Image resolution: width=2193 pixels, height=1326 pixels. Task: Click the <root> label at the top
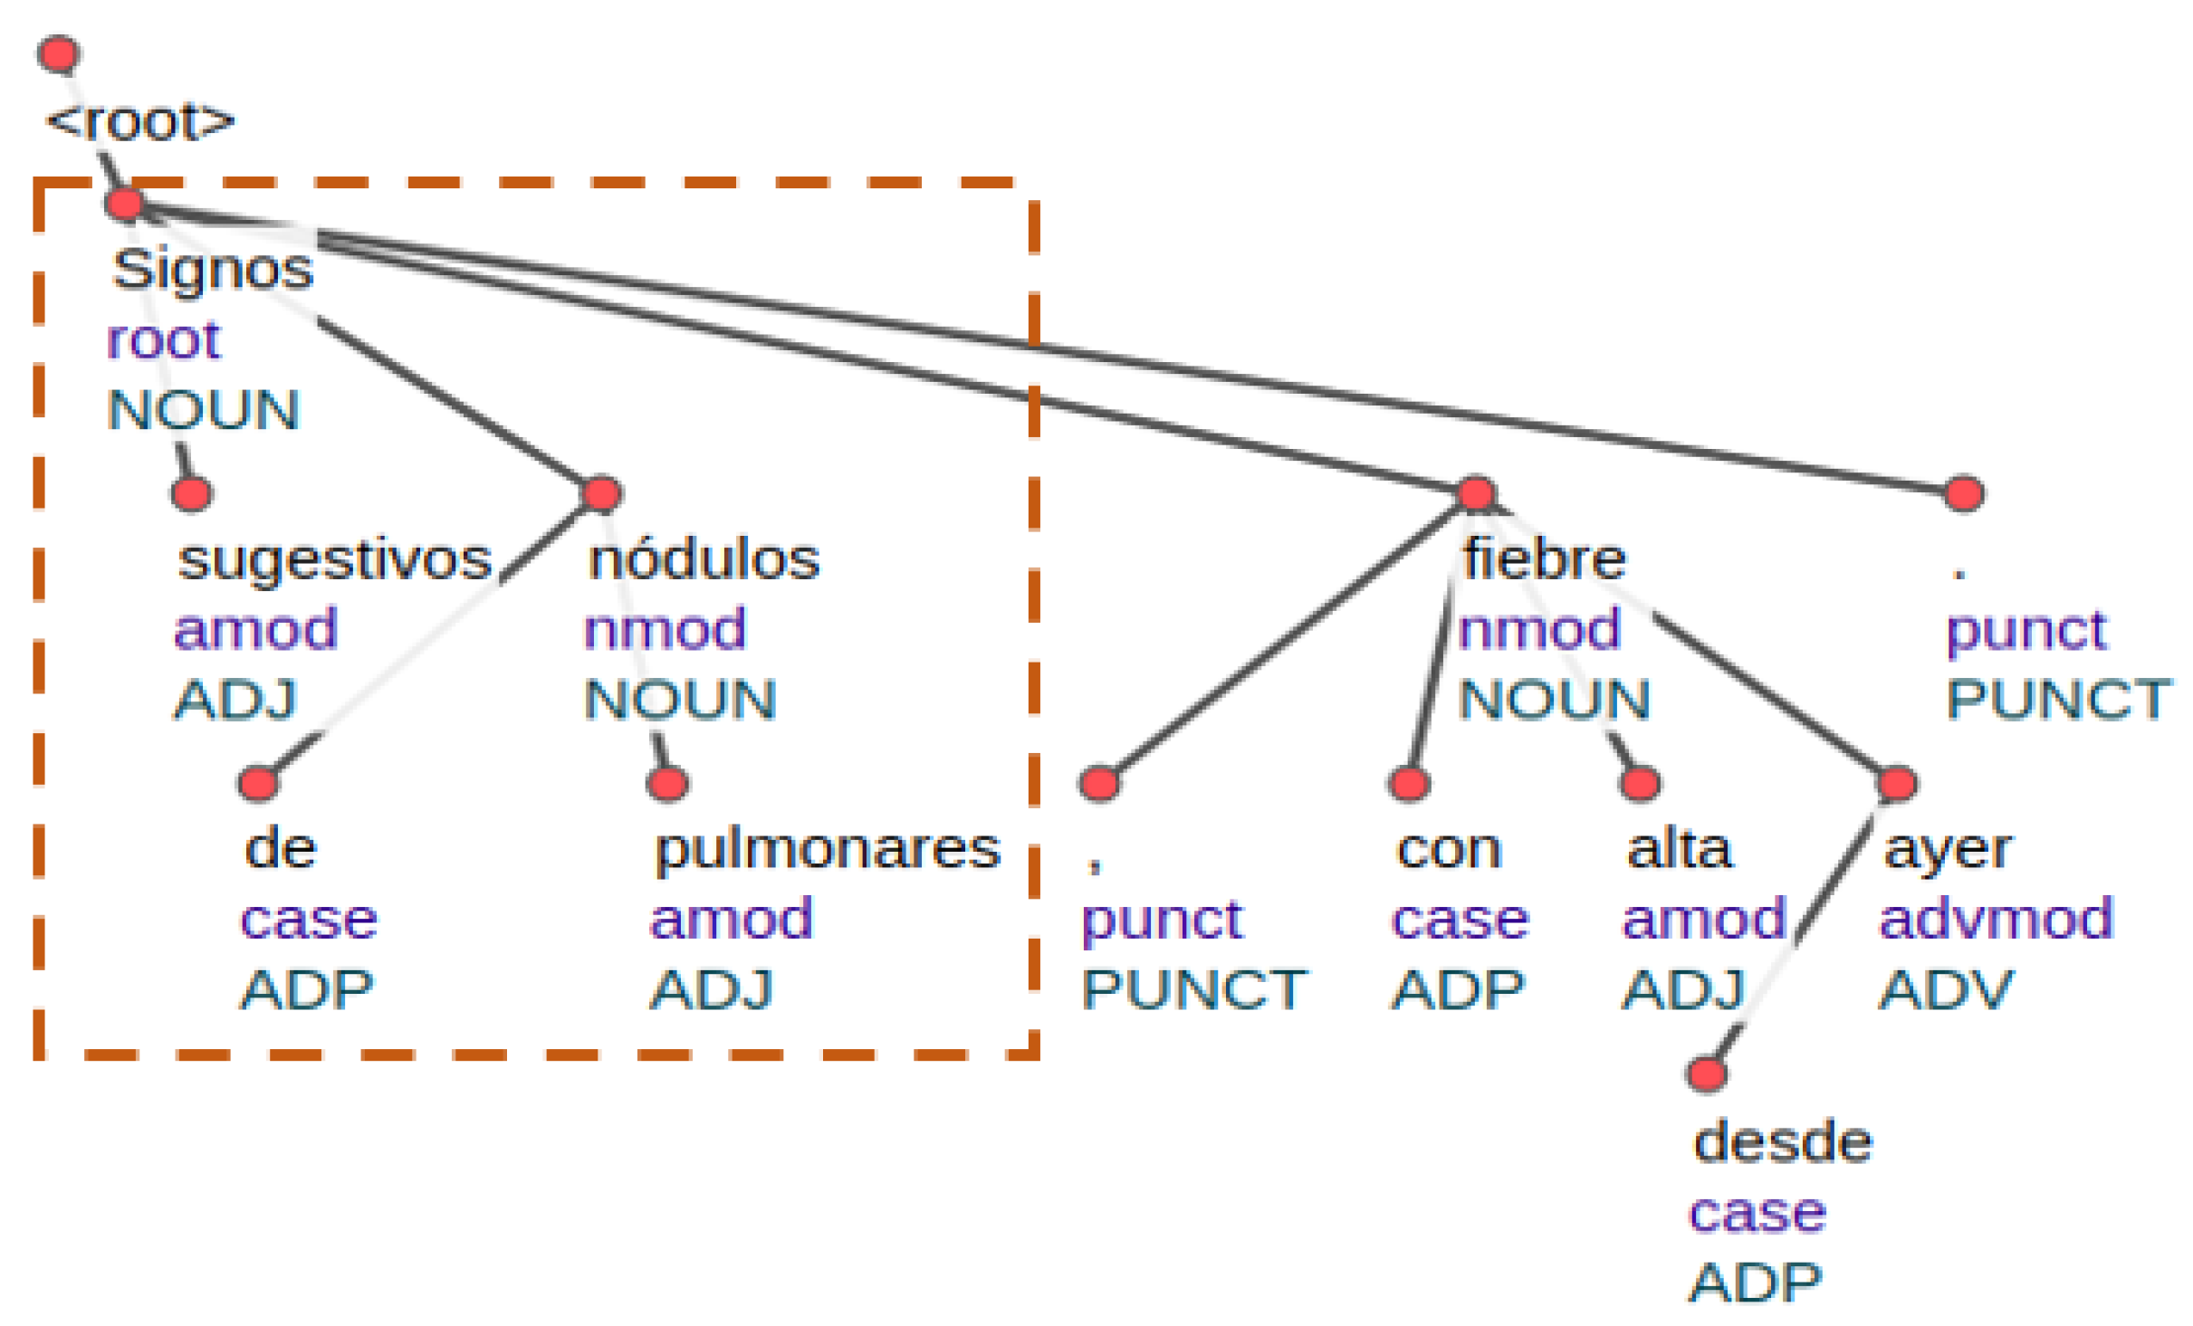point(140,122)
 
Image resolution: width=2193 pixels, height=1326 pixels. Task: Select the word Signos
point(213,270)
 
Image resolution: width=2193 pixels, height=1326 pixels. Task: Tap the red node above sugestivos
point(192,494)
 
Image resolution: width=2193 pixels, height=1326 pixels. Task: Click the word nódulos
point(704,559)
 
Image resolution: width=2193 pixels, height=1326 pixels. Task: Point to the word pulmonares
point(828,850)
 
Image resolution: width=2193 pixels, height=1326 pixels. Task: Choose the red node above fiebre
point(1477,494)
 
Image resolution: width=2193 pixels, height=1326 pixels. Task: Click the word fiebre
point(1544,559)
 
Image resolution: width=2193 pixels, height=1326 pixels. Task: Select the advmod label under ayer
point(1996,920)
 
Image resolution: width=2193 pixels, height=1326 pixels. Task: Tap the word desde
point(1782,1142)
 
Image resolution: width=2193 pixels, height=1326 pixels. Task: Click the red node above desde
point(1706,1074)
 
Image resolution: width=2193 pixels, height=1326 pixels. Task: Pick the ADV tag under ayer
point(1947,990)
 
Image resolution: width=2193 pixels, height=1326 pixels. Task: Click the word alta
point(1679,850)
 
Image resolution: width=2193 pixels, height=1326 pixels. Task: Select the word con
point(1449,850)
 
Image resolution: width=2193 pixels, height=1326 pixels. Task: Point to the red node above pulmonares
point(668,784)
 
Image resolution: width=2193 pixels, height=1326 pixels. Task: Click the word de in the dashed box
point(281,850)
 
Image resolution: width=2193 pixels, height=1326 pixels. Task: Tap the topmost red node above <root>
point(60,54)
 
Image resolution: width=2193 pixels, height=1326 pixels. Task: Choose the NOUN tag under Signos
point(204,410)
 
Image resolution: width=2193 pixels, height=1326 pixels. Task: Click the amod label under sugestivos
point(256,630)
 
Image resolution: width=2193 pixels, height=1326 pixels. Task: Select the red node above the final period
point(1964,494)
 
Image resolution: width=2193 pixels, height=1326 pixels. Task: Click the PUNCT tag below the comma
point(1193,990)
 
